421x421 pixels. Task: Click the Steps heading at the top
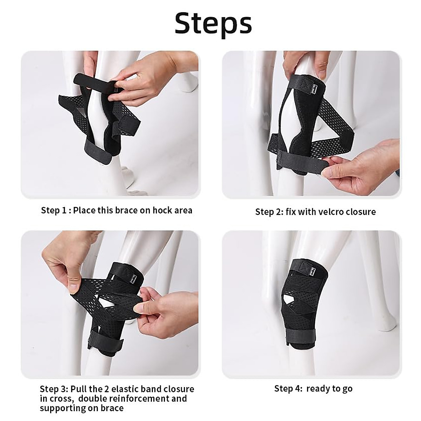213,23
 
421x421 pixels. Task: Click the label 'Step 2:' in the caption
269,212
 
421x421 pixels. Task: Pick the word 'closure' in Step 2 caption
360,212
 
